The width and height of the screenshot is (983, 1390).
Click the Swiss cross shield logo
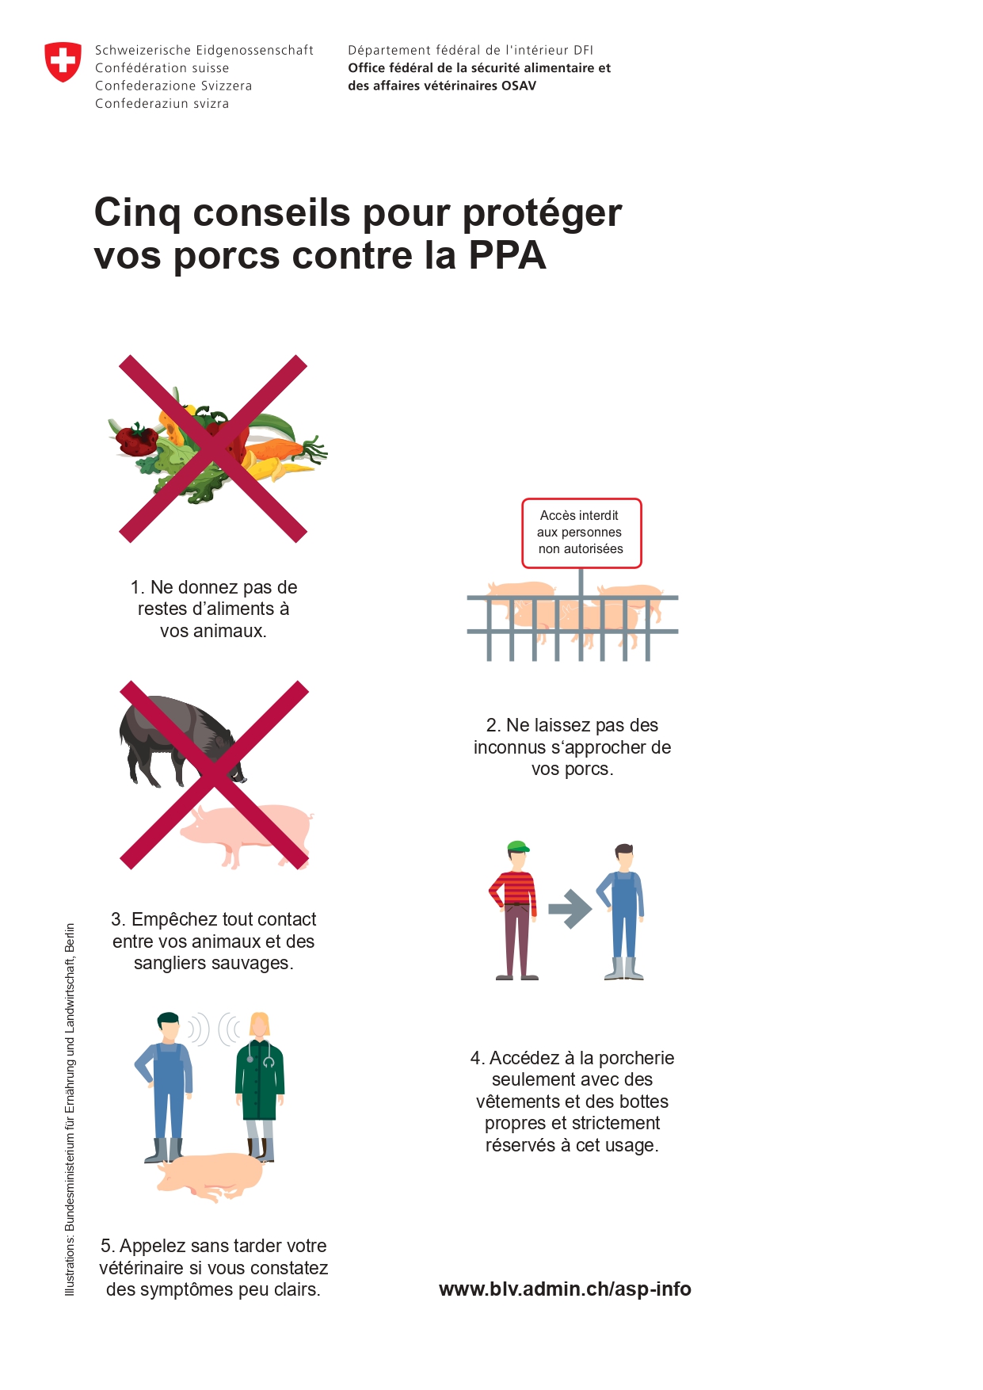[x=63, y=62]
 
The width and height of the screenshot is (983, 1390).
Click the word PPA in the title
[x=507, y=255]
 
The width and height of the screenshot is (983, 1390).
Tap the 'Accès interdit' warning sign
[x=581, y=533]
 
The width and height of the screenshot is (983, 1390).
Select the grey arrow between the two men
[x=570, y=909]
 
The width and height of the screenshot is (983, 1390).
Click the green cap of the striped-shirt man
[x=518, y=846]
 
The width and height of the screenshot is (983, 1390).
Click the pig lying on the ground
[x=211, y=1174]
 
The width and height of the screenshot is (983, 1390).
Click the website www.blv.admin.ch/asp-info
[x=565, y=1289]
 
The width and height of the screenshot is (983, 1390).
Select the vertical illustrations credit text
[x=70, y=1109]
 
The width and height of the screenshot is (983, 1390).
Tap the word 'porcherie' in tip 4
[x=636, y=1058]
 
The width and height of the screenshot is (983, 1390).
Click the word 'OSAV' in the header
[x=519, y=86]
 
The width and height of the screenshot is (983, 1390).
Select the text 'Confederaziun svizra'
[x=162, y=103]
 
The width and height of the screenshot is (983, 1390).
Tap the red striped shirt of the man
[x=513, y=888]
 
